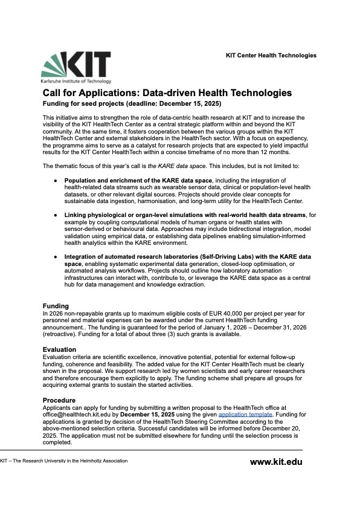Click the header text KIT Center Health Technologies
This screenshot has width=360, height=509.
pos(271,56)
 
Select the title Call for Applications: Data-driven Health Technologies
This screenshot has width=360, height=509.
pos(167,93)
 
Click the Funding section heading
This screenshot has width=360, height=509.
pos(56,306)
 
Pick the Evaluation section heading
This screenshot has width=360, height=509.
pos(59,349)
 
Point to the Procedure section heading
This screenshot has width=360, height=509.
pos(59,400)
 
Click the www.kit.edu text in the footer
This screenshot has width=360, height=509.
pos(276,462)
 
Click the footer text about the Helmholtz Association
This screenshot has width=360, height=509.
pos(65,461)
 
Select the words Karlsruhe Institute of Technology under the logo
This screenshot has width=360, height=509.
pos(76,80)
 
